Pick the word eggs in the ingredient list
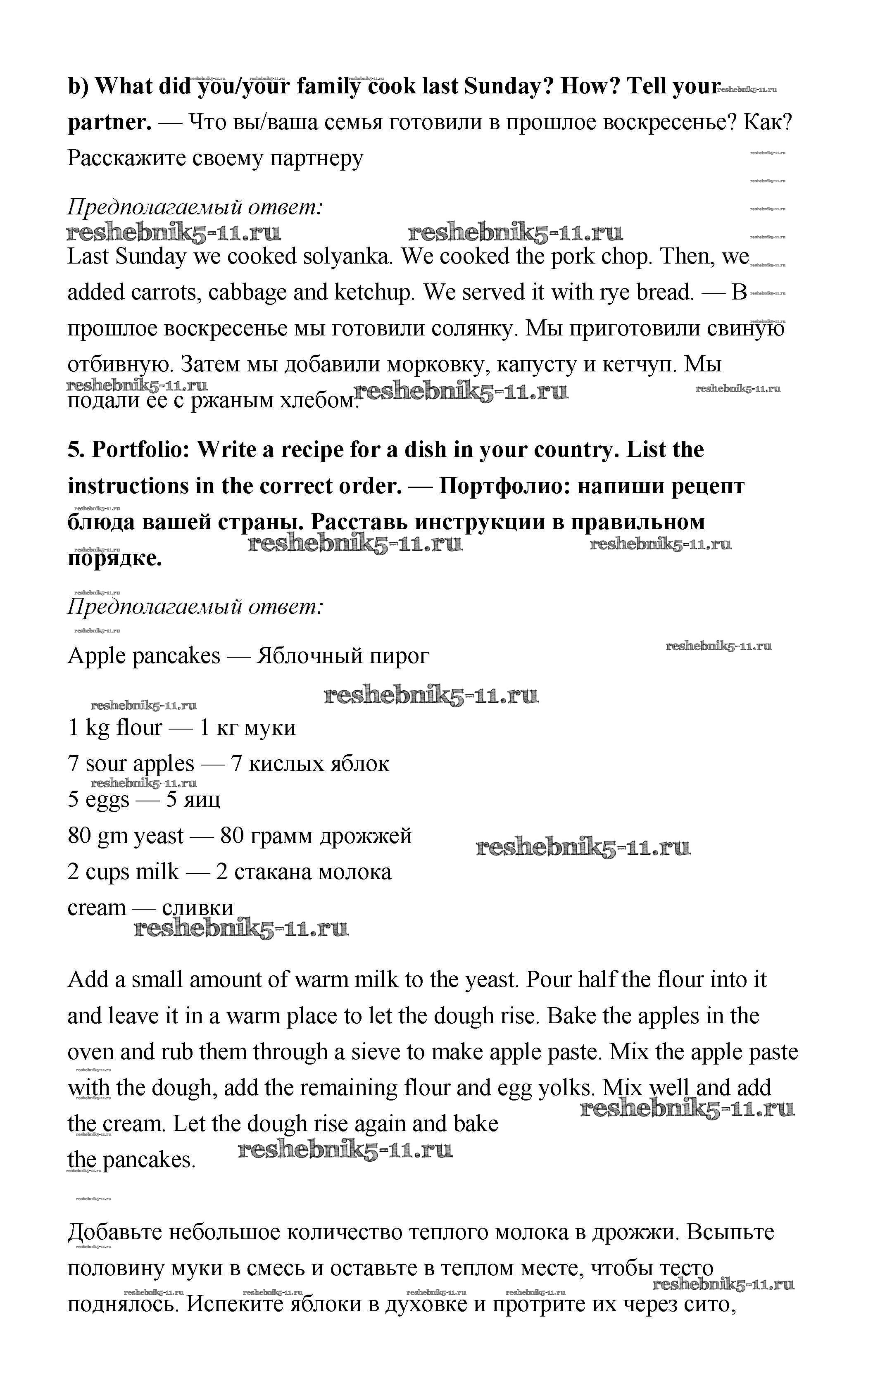tap(107, 800)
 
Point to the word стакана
tap(265, 872)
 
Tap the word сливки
tap(197, 908)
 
